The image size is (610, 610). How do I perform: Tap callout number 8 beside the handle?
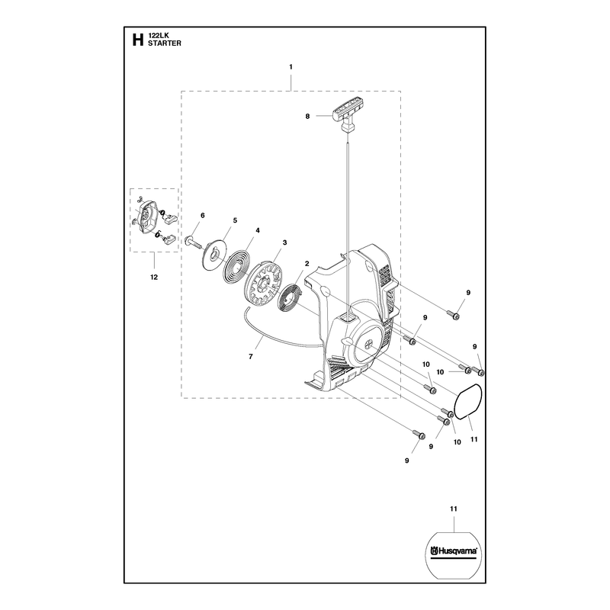tap(307, 116)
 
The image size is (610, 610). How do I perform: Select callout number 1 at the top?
tap(291, 67)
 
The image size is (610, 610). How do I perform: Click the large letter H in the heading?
tap(138, 40)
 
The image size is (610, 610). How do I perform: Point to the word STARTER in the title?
tap(165, 43)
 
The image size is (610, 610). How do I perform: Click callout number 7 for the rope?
tap(251, 356)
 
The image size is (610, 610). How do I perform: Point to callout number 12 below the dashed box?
tap(154, 277)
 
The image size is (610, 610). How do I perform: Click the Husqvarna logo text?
tap(454, 551)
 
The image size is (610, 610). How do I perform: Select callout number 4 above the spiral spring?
tap(258, 230)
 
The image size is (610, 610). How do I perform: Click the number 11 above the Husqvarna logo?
tap(454, 509)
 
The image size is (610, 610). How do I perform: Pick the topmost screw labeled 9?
tap(453, 314)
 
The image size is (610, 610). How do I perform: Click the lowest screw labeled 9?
tap(419, 435)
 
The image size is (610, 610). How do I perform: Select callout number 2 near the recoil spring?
tap(307, 264)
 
